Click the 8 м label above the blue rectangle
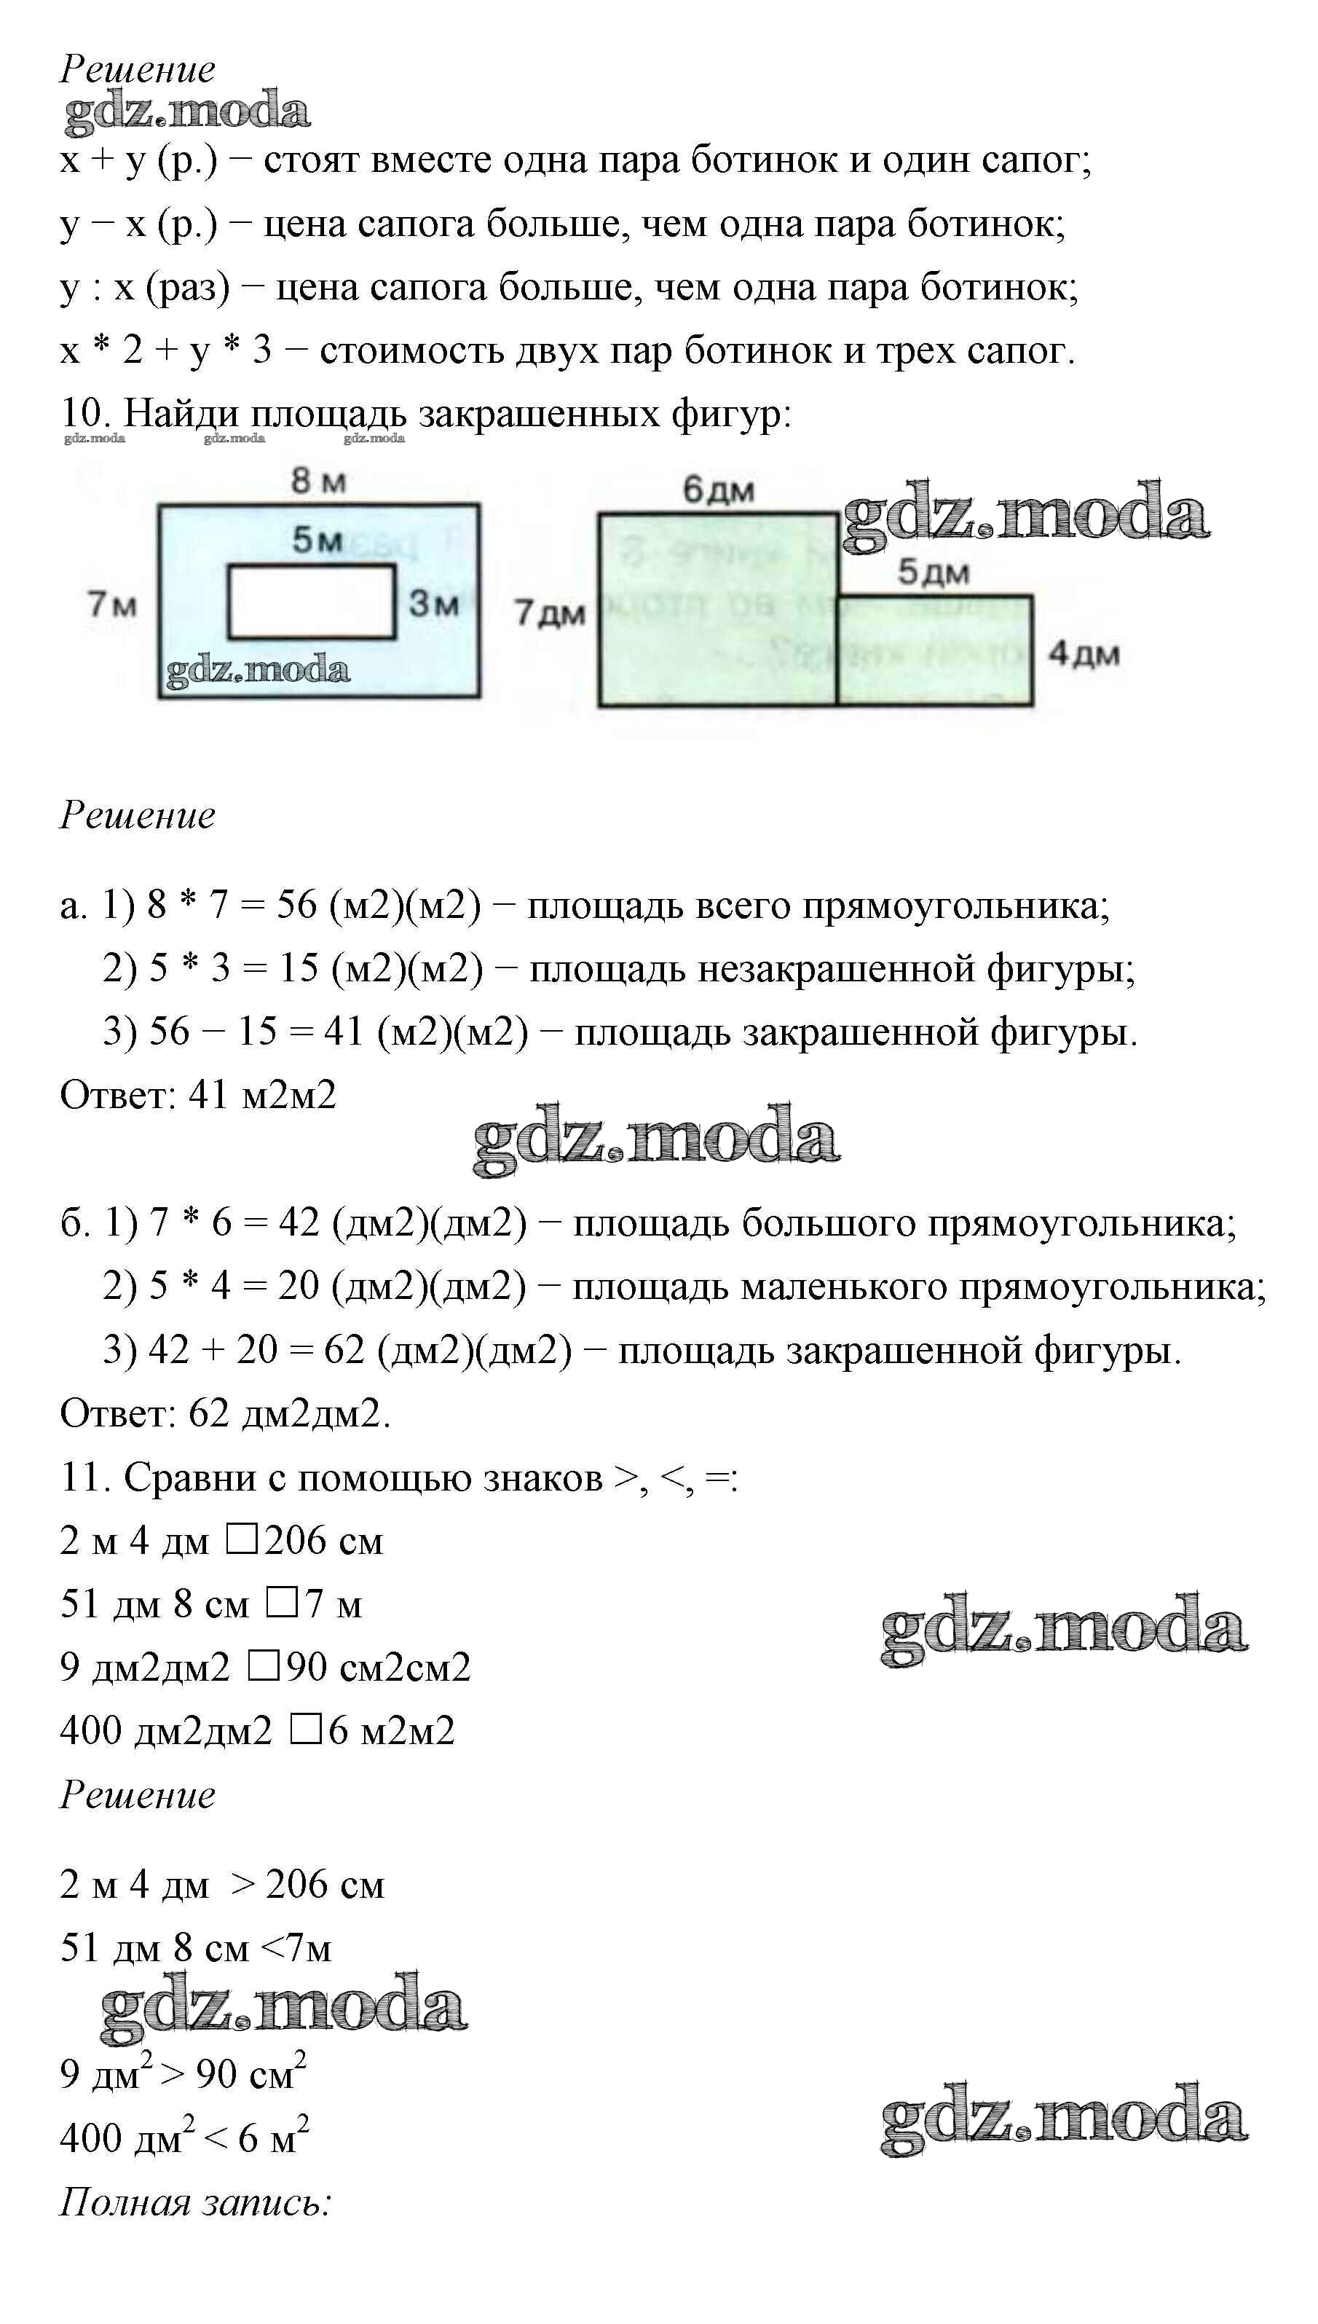tap(317, 481)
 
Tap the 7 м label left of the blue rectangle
tap(112, 603)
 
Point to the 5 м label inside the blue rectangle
tap(317, 540)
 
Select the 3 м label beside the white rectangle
tap(433, 603)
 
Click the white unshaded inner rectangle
tap(310, 602)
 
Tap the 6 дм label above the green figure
tap(718, 490)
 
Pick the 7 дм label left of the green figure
tap(550, 613)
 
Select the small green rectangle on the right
tap(934, 651)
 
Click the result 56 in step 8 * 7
tap(296, 905)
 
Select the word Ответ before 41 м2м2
tap(118, 1095)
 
